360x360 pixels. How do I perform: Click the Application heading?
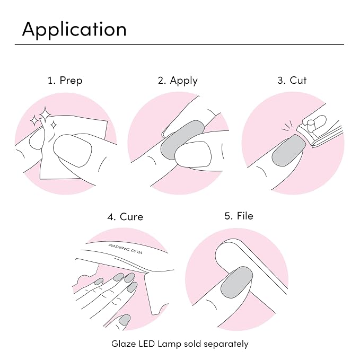[74, 30]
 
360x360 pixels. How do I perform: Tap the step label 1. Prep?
[65, 81]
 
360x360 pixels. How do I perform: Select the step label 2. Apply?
[178, 81]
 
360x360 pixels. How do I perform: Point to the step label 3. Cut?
[292, 81]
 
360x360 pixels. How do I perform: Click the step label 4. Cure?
[125, 217]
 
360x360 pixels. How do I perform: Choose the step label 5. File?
[239, 216]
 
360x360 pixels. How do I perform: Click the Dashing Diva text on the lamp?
[125, 249]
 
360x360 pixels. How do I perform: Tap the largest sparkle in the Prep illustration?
[45, 114]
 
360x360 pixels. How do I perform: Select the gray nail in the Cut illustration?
[288, 151]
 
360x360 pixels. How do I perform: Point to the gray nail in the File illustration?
[236, 283]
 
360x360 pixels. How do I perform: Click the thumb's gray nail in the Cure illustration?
[125, 320]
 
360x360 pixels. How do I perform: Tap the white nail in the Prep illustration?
[73, 151]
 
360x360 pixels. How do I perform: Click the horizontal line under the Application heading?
[179, 45]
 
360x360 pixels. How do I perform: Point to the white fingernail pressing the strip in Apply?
[193, 154]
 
